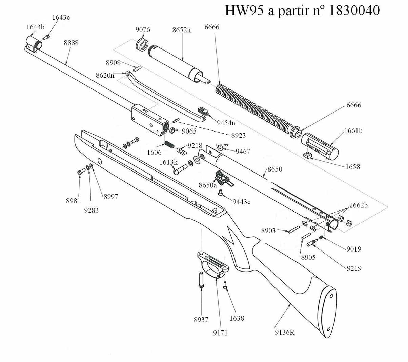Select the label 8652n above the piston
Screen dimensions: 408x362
(181, 30)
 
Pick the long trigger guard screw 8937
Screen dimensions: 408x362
(201, 280)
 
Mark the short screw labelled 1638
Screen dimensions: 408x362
(225, 285)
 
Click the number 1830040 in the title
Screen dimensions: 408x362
(354, 11)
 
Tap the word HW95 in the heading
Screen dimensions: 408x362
(244, 11)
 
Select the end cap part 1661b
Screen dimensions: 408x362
(320, 146)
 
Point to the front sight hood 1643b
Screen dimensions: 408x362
(34, 43)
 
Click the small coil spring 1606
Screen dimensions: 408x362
(169, 144)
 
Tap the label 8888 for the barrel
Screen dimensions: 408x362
(71, 43)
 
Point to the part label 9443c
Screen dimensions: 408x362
(241, 202)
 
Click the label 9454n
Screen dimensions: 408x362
(226, 123)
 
